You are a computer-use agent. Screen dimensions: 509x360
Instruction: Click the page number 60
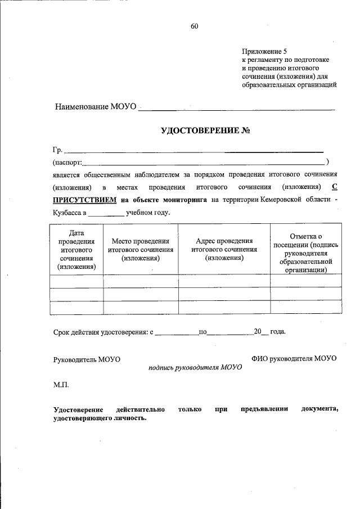click(195, 26)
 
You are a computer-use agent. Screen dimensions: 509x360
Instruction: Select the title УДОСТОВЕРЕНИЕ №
click(205, 131)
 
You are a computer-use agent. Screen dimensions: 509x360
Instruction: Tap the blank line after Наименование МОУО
click(236, 107)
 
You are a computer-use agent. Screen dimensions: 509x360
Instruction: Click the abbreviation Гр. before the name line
click(58, 150)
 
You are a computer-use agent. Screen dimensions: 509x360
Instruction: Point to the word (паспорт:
click(67, 163)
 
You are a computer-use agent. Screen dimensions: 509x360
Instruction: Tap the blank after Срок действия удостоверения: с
click(176, 332)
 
